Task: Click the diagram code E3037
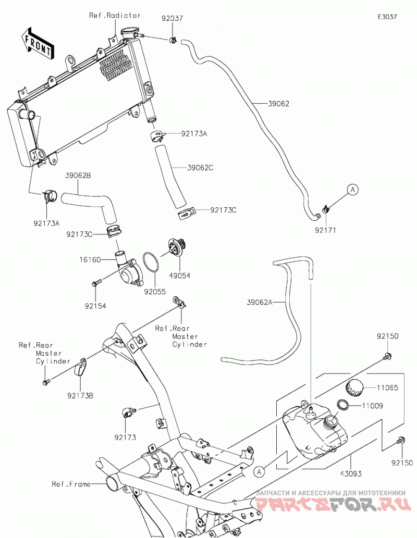(387, 17)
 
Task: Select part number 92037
(173, 18)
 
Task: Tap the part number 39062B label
(78, 176)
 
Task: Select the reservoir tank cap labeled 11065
(354, 388)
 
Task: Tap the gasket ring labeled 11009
(343, 405)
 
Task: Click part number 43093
(351, 473)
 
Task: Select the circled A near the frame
(260, 472)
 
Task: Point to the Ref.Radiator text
(115, 15)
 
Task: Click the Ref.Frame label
(71, 484)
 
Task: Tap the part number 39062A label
(260, 302)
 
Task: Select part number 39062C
(200, 168)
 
